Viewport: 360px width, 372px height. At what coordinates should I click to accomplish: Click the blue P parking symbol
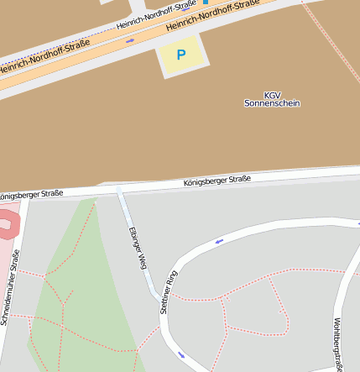coord(180,55)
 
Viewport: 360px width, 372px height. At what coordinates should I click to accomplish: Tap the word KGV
coord(272,95)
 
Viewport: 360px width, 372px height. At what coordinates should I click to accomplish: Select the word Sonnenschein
coord(272,103)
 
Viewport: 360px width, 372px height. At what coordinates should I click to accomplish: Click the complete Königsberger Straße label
coord(217,181)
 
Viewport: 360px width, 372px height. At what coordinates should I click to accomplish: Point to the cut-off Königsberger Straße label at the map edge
coord(31,195)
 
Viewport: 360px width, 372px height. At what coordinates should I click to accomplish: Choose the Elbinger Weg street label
coord(136,248)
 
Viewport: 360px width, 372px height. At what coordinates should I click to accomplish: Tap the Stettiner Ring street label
coord(169,291)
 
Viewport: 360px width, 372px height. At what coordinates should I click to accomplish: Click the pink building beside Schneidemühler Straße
coord(7,225)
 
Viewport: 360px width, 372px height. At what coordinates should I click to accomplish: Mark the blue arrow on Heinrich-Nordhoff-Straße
coord(130,40)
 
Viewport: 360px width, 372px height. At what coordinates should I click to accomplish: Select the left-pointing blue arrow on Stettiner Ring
coord(219,242)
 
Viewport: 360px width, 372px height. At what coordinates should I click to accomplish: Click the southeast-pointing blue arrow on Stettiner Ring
coord(181,354)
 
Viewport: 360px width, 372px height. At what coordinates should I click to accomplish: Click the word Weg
coord(140,260)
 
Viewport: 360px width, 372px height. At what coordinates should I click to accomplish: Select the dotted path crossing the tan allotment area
coord(323,34)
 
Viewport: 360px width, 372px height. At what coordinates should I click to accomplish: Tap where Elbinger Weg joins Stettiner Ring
coord(157,297)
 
